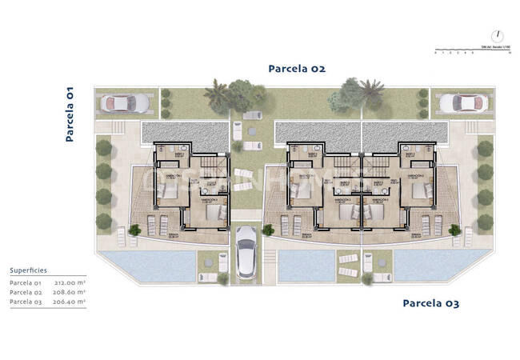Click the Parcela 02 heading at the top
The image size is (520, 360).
pyautogui.click(x=297, y=69)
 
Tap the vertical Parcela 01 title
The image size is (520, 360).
pyautogui.click(x=70, y=114)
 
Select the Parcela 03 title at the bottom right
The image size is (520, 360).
pyautogui.click(x=430, y=303)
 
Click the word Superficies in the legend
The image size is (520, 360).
pyautogui.click(x=29, y=271)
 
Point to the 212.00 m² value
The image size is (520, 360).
pyautogui.click(x=71, y=283)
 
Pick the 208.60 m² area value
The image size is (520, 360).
pyautogui.click(x=71, y=293)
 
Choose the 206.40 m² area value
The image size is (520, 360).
pyautogui.click(x=71, y=302)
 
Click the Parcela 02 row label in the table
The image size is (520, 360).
pyautogui.click(x=26, y=293)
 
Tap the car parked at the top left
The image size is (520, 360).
pyautogui.click(x=124, y=103)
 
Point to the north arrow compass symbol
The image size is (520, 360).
pyautogui.click(x=498, y=35)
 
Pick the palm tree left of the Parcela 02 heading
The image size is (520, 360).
pyautogui.click(x=216, y=94)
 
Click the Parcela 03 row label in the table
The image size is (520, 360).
pyautogui.click(x=26, y=302)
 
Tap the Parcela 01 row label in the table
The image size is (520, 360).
pyautogui.click(x=26, y=283)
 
